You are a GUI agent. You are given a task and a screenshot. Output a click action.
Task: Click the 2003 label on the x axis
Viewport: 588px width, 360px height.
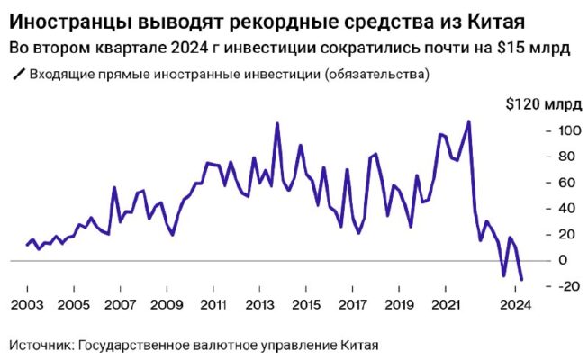coord(27,304)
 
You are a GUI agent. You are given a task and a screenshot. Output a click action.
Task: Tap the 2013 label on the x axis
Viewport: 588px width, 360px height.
coord(259,304)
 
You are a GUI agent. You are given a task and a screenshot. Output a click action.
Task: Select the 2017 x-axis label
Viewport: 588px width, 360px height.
coord(353,304)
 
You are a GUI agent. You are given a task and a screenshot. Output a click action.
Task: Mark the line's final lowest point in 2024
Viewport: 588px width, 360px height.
coord(521,280)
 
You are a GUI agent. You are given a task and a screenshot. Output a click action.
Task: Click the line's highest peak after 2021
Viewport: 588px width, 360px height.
coord(468,121)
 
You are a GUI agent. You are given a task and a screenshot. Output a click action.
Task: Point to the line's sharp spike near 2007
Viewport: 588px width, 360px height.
coord(114,187)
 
